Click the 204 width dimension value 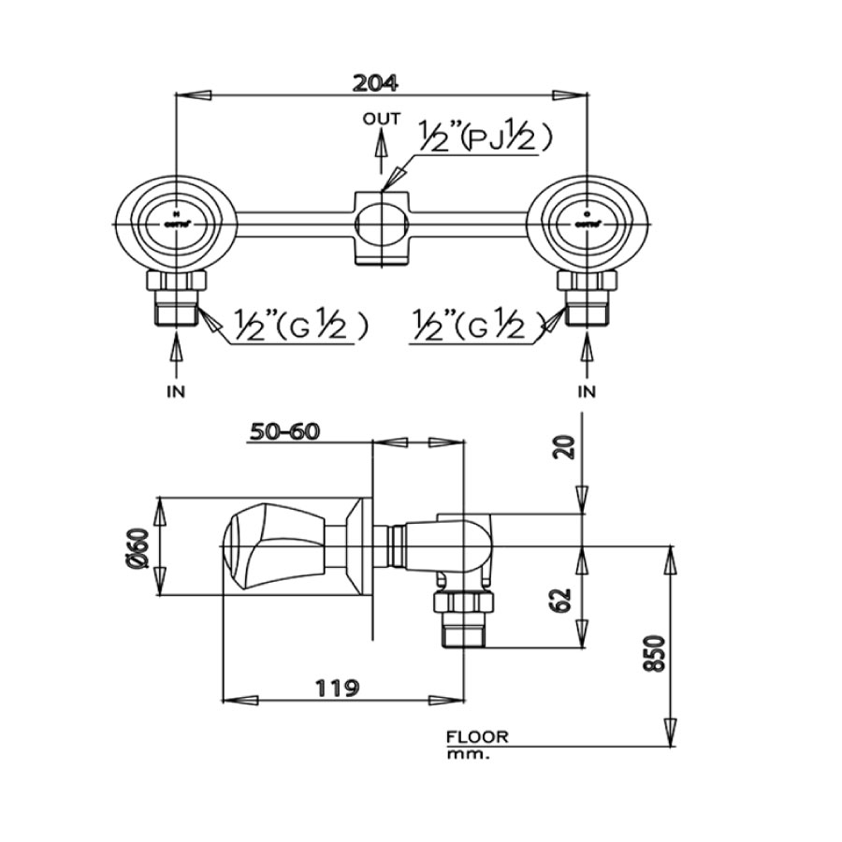376,81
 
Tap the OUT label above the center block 382,119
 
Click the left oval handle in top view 176,225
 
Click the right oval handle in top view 587,225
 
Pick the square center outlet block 382,225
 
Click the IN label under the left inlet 176,391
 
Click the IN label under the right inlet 587,391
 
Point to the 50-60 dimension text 284,431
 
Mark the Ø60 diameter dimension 140,547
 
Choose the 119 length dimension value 337,688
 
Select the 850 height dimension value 655,652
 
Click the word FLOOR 478,737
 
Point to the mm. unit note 468,753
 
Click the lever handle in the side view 271,546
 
